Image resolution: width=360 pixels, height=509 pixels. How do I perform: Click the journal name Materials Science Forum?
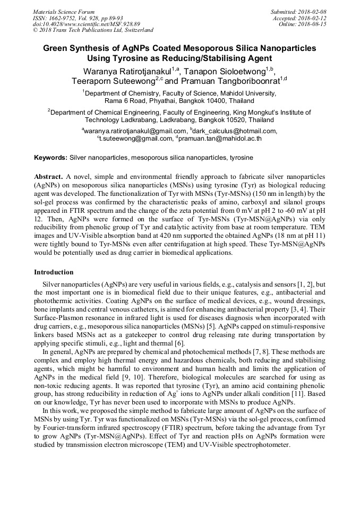click(64, 12)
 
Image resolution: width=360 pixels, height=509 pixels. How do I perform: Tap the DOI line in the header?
click(86, 24)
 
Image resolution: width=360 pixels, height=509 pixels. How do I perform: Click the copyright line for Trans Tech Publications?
click(93, 31)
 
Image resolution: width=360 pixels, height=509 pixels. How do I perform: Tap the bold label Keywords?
click(50, 158)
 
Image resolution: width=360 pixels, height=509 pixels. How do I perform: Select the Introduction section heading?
click(54, 272)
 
